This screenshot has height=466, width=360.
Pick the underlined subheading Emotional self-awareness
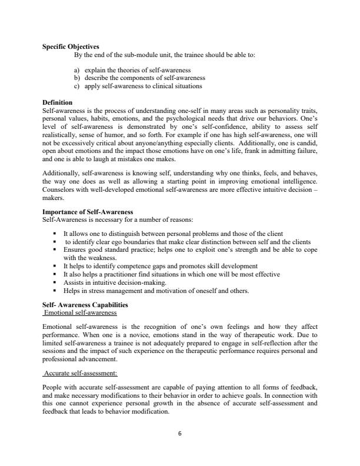click(81, 312)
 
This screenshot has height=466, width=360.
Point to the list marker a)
click(76, 70)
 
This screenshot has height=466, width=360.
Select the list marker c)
click(76, 86)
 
